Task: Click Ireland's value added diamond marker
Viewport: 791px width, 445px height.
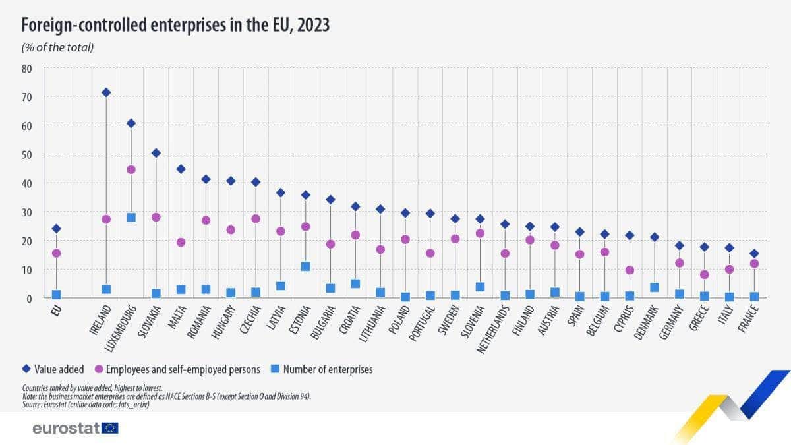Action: [x=106, y=92]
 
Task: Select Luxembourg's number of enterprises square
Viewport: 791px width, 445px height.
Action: [x=131, y=218]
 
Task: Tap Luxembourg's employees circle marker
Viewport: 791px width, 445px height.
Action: [x=131, y=169]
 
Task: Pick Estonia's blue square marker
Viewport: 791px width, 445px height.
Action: [x=306, y=266]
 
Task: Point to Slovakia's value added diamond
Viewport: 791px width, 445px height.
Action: [x=156, y=153]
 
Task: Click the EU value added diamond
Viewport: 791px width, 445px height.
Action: [x=57, y=229]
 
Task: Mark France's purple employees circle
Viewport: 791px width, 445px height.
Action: [x=754, y=264]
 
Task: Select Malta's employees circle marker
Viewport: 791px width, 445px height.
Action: [x=181, y=242]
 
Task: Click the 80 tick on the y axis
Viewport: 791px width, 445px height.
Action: [x=27, y=68]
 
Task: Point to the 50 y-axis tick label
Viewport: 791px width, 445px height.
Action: [x=27, y=154]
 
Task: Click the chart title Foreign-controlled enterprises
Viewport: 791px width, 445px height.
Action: [x=175, y=25]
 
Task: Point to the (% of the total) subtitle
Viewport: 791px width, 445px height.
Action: [x=57, y=47]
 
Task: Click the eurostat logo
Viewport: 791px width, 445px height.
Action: [x=75, y=429]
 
